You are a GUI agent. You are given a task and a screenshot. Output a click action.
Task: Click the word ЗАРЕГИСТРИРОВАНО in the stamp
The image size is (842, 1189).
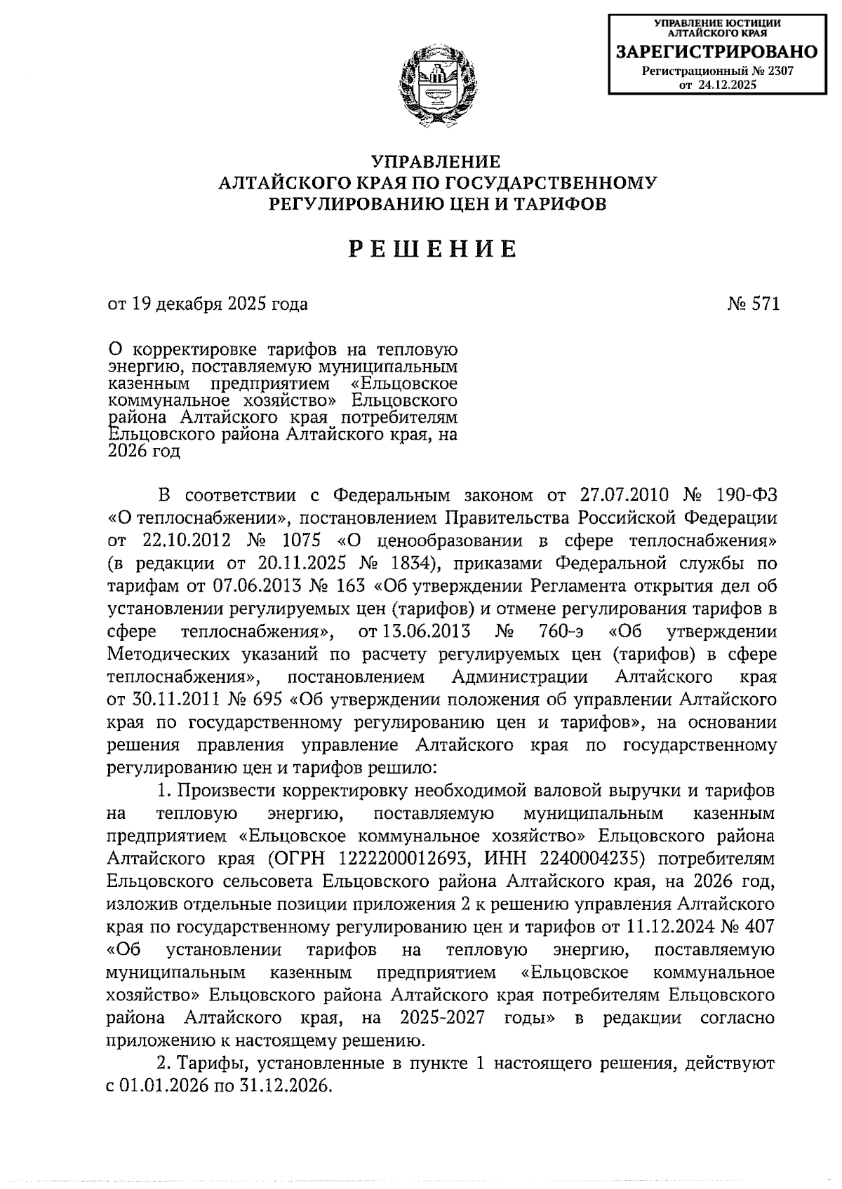point(716,52)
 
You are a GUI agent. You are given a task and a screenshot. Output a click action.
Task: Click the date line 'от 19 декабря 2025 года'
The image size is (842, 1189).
point(208,304)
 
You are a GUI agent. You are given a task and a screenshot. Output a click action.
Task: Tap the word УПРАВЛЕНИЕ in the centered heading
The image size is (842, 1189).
point(436,162)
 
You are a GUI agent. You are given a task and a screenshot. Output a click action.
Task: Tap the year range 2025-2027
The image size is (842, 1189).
point(443,1017)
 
